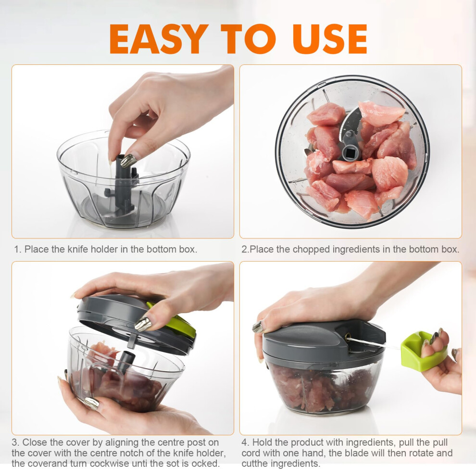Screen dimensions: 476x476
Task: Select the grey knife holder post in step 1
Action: pyautogui.click(x=119, y=185)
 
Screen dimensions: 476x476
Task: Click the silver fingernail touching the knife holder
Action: pyautogui.click(x=128, y=160)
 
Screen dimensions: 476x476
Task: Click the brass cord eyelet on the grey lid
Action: pyautogui.click(x=348, y=336)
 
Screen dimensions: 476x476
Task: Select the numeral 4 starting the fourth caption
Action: pyautogui.click(x=244, y=443)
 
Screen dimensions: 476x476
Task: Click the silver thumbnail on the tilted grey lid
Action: pyautogui.click(x=143, y=324)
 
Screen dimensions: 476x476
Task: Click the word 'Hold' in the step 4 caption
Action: pyautogui.click(x=263, y=443)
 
